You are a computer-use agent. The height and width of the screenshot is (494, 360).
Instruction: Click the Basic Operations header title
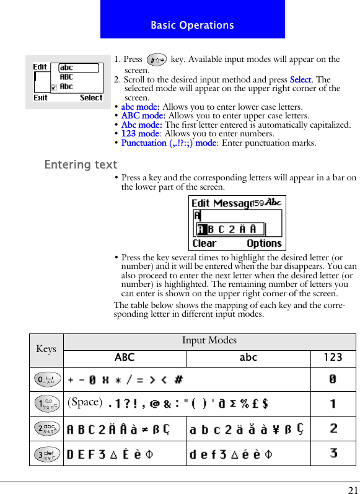point(192,25)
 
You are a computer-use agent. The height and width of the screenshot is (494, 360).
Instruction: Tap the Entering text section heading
point(81,165)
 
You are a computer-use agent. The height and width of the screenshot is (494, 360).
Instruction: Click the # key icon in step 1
point(156,60)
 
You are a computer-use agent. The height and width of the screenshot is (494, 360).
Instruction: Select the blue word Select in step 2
point(301,80)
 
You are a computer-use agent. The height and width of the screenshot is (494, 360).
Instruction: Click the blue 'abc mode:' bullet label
point(140,107)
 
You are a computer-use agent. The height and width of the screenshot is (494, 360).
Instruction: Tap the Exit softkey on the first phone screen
point(41,98)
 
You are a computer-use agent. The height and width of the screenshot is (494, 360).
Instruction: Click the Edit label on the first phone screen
point(40,67)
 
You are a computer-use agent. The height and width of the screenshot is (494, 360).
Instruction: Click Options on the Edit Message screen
point(264,244)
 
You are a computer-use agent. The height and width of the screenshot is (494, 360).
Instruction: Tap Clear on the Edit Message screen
point(204,244)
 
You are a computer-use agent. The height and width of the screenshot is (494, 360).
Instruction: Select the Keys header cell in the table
point(46,349)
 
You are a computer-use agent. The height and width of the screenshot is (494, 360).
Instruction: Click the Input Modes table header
point(209,340)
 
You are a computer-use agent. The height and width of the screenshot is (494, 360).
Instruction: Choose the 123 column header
point(333,358)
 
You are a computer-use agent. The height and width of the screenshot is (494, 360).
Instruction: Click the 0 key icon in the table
point(46,378)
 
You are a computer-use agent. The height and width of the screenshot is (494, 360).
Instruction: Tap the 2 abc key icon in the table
point(46,428)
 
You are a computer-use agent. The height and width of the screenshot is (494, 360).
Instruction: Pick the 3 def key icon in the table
point(46,453)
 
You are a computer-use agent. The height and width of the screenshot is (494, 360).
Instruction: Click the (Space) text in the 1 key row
point(84,402)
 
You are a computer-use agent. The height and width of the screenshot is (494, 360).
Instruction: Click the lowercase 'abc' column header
point(248,358)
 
